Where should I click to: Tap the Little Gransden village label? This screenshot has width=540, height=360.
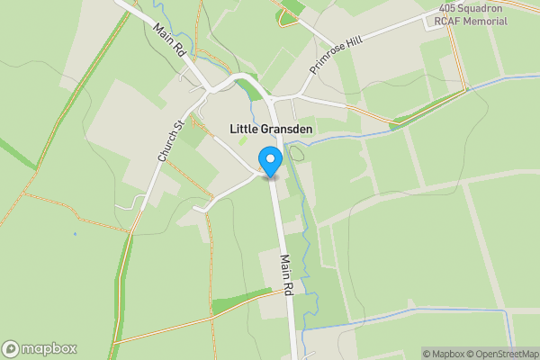pyautogui.click(x=271, y=130)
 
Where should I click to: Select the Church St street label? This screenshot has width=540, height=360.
pyautogui.click(x=170, y=141)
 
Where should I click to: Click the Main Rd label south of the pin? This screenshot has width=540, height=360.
pyautogui.click(x=287, y=275)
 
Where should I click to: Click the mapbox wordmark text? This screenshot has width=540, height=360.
pyautogui.click(x=49, y=349)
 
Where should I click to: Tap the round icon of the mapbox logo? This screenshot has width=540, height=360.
pyautogui.click(x=11, y=349)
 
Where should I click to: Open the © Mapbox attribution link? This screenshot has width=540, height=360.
pyautogui.click(x=444, y=354)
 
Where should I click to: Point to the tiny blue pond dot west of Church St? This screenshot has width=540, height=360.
pyautogui.click(x=75, y=235)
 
